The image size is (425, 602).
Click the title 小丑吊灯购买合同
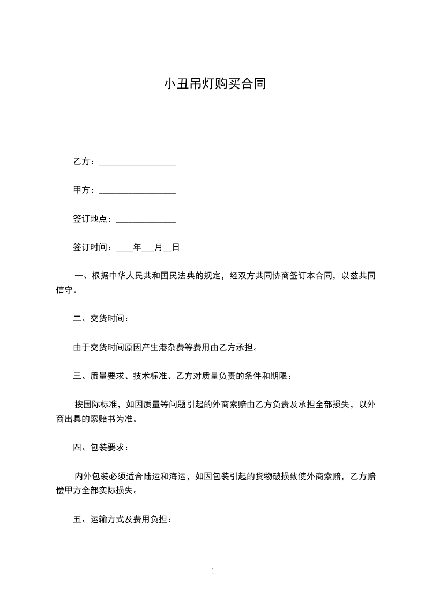coord(214,84)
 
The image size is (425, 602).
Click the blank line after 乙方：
coord(137,163)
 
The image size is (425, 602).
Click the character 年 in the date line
coord(137,247)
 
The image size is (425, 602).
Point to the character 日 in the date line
coord(175,247)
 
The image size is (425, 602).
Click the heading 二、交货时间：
coord(101,318)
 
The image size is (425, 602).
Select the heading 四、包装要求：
coord(101,446)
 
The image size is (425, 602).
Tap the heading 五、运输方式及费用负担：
coord(122,519)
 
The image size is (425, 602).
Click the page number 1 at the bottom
coord(213,571)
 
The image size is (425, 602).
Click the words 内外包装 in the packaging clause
coord(92,476)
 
